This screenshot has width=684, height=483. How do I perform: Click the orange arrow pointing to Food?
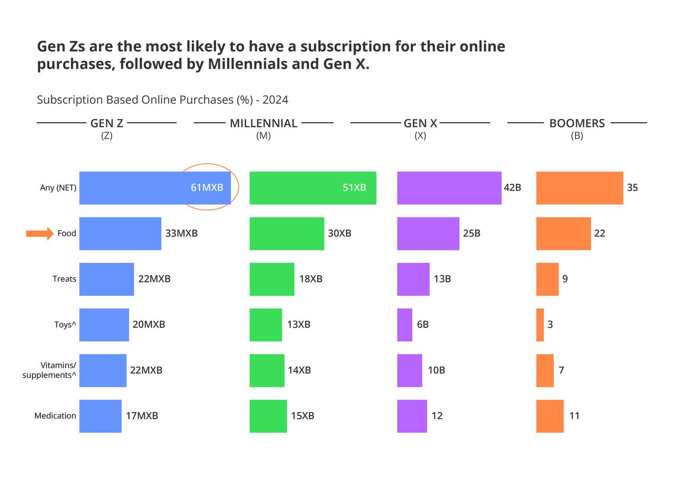pyautogui.click(x=40, y=233)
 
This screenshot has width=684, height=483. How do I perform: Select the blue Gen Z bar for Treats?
pyautogui.click(x=106, y=279)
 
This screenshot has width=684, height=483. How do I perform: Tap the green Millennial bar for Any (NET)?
pyautogui.click(x=312, y=188)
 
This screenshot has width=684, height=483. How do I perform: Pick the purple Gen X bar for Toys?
pyautogui.click(x=404, y=325)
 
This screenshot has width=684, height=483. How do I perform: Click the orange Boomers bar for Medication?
pyautogui.click(x=550, y=416)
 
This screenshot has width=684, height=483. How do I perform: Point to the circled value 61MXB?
pyautogui.click(x=207, y=187)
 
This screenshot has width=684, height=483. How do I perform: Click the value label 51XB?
pyautogui.click(x=354, y=187)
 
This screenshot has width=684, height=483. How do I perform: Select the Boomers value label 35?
pyautogui.click(x=632, y=187)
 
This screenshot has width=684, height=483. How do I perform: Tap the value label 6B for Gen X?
pyautogui.click(x=422, y=325)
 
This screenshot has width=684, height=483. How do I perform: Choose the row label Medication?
pyautogui.click(x=55, y=416)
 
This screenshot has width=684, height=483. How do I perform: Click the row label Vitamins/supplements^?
pyautogui.click(x=50, y=370)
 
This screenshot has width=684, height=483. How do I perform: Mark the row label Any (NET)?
pyautogui.click(x=58, y=188)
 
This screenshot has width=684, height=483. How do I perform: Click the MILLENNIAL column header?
pyautogui.click(x=263, y=123)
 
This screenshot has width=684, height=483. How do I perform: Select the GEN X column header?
pyautogui.click(x=420, y=123)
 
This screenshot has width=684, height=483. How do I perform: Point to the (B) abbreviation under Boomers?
pyautogui.click(x=577, y=136)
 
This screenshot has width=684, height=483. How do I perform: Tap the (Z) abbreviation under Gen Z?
pyautogui.click(x=106, y=136)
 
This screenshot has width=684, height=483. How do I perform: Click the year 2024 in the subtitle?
pyautogui.click(x=275, y=100)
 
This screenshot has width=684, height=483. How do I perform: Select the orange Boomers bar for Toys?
pyautogui.click(x=540, y=325)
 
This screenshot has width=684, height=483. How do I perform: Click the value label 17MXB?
pyautogui.click(x=142, y=416)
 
